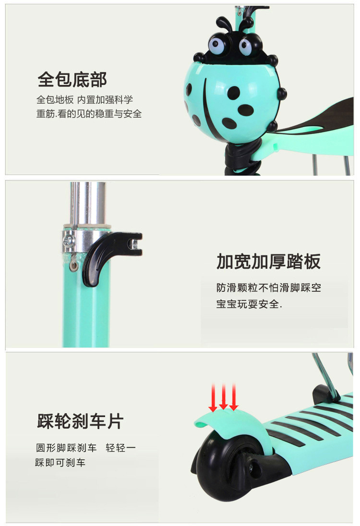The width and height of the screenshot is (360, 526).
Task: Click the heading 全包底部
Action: click(x=72, y=80)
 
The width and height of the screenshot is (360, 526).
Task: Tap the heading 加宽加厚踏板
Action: click(x=269, y=262)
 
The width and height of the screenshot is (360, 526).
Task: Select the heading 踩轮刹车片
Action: click(x=80, y=421)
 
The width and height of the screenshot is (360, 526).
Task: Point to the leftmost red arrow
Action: click(x=213, y=398)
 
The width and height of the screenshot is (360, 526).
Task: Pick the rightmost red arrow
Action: click(x=234, y=397)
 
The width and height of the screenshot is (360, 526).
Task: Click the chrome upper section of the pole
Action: click(x=88, y=203)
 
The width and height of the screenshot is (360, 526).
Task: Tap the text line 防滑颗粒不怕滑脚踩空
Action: click(x=269, y=287)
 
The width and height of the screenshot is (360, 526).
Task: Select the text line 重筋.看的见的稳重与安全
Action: click(x=89, y=114)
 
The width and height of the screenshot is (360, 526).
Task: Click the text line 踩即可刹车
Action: click(x=60, y=463)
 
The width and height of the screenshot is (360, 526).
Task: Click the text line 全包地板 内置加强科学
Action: click(x=84, y=100)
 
